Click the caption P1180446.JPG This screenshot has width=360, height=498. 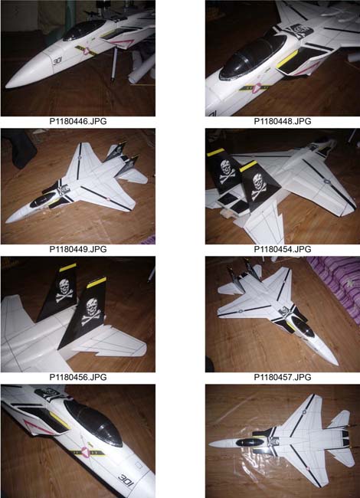point(78,121)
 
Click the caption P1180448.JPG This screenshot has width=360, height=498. point(282,121)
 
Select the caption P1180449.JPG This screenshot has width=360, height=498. point(78,249)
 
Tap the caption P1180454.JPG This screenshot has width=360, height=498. point(282,249)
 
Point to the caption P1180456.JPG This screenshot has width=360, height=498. point(78,377)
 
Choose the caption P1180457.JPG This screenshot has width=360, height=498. point(282,377)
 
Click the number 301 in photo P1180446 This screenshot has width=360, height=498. point(57,61)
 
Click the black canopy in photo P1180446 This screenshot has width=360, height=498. point(83,30)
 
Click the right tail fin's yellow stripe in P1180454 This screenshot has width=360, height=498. point(248,165)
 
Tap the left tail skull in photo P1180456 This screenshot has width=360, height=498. point(64,290)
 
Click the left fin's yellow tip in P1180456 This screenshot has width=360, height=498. point(67,267)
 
